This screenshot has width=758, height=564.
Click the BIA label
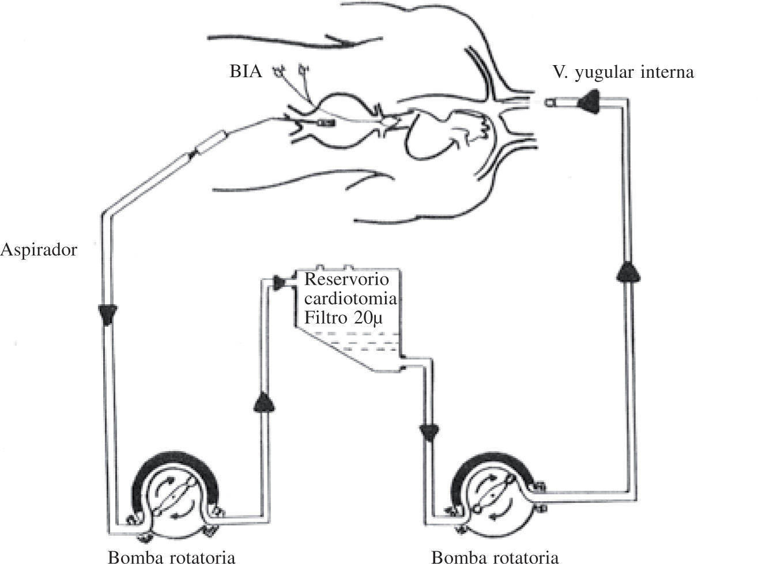click(x=245, y=72)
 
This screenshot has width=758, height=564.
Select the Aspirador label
click(x=39, y=251)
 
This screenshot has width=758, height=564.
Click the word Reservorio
click(x=346, y=279)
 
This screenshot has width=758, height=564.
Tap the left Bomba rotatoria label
click(x=172, y=557)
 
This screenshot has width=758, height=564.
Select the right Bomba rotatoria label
click(x=495, y=557)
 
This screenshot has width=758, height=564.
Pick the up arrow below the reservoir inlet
click(x=264, y=402)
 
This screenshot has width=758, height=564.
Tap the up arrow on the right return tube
click(x=628, y=271)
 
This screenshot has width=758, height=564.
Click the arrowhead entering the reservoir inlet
click(x=281, y=282)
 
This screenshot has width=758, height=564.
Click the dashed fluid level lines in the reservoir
click(x=357, y=343)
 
